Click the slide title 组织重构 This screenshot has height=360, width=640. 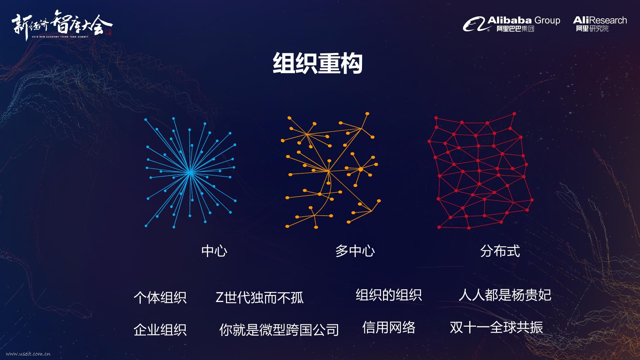tap(317, 63)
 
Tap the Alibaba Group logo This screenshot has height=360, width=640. tap(511, 24)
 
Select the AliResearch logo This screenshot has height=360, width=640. tap(600, 24)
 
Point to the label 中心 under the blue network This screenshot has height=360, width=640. tap(214, 251)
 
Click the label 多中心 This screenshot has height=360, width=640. tap(355, 251)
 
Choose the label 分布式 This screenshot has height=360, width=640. tap(500, 251)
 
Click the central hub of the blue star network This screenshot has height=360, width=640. tap(190, 173)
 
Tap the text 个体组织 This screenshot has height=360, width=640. tap(160, 297)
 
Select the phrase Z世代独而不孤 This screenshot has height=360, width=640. tap(260, 297)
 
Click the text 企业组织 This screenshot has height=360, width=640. tap(160, 330)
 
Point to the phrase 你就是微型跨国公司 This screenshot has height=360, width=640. tap(279, 330)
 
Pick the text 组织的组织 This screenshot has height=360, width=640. tap(389, 295)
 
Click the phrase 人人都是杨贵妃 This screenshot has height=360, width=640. tap(505, 295)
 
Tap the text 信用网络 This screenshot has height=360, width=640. tap(389, 327)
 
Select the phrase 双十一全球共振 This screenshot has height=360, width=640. tap(496, 327)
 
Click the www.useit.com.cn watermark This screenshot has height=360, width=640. tap(28, 354)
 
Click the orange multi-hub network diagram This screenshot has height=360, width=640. tap(331, 171)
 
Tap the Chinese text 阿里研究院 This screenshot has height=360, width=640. tap(592, 29)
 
